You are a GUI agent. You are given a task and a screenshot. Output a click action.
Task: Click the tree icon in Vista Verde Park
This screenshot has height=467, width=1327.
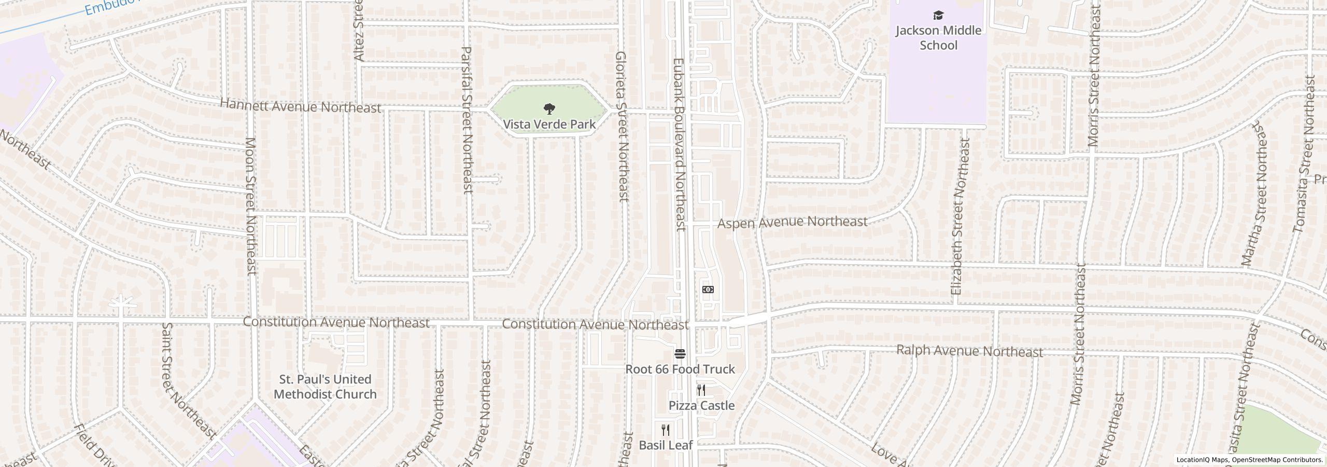pos(549,109)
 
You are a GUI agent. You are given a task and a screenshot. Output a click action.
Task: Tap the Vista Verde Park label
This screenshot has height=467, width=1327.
pos(549,125)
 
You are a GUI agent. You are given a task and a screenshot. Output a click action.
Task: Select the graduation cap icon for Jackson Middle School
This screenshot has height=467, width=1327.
pos(938,15)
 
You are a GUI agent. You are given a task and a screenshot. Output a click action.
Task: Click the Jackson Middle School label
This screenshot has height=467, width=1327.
pos(938,37)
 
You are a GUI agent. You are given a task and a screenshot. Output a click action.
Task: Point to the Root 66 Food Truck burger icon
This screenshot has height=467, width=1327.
pos(680,354)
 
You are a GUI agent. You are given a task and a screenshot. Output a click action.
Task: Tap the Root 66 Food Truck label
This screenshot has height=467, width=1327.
pos(680,369)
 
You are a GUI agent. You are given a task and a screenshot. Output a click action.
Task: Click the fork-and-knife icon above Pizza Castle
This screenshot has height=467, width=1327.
pos(701,390)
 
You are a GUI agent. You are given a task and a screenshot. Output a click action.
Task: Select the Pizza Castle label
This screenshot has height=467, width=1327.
pos(701,405)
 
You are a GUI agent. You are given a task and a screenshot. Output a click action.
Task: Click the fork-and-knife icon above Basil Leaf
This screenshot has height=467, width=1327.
pos(666,430)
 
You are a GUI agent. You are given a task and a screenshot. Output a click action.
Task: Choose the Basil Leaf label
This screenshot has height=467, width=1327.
pos(666,445)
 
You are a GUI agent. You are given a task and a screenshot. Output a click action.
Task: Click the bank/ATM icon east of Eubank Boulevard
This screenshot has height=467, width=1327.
pos(708,290)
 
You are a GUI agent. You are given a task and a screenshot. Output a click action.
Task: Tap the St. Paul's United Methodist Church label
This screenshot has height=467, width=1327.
pos(325,387)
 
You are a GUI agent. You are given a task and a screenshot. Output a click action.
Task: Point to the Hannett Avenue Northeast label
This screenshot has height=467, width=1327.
pos(301,106)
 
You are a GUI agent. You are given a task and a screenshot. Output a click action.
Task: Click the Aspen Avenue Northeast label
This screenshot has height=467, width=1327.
pos(792,222)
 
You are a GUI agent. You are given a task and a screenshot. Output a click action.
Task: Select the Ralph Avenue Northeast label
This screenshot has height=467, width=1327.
pos(969,351)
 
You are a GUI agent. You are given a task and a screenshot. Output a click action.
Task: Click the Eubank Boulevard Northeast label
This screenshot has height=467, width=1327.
pos(679,144)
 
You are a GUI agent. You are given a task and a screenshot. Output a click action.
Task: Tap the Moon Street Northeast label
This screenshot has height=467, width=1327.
pos(251,205)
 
